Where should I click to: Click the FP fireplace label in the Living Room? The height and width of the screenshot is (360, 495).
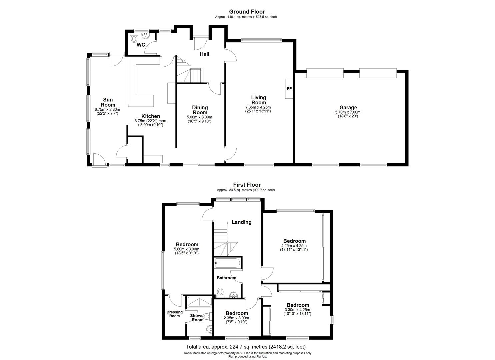tap(289, 89)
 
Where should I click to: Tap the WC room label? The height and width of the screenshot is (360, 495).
tap(141, 45)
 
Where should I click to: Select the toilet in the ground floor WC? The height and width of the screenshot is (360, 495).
tap(134, 39)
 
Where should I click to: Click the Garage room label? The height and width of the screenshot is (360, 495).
tap(348, 107)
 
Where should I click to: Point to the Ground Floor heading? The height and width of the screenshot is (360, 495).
tap(247, 12)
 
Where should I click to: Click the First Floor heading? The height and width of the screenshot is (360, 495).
tap(247, 185)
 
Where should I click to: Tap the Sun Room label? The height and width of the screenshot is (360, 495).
tap(108, 102)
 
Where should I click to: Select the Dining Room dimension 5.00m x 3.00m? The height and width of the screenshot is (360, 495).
tap(200, 117)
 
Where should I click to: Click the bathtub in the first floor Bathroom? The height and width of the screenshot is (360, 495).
tap(227, 264)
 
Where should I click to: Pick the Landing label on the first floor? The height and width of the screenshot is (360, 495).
tap(241, 222)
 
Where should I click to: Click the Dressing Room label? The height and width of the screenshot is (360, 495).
tap(175, 314)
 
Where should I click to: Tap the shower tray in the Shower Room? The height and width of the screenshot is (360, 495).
tap(199, 302)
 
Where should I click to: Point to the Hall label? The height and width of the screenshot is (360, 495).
tap(204, 54)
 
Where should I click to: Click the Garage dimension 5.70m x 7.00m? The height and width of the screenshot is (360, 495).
tap(348, 112)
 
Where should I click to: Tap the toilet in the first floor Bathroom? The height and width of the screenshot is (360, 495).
tap(220, 292)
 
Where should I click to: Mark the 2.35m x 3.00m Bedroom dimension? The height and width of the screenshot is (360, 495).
tap(237, 318)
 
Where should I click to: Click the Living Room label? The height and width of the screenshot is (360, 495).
tap(258, 100)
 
